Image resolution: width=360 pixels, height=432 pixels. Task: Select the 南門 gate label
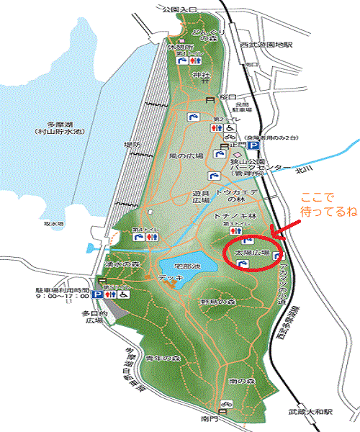(210, 418)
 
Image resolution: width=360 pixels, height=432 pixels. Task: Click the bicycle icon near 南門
(225, 405)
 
